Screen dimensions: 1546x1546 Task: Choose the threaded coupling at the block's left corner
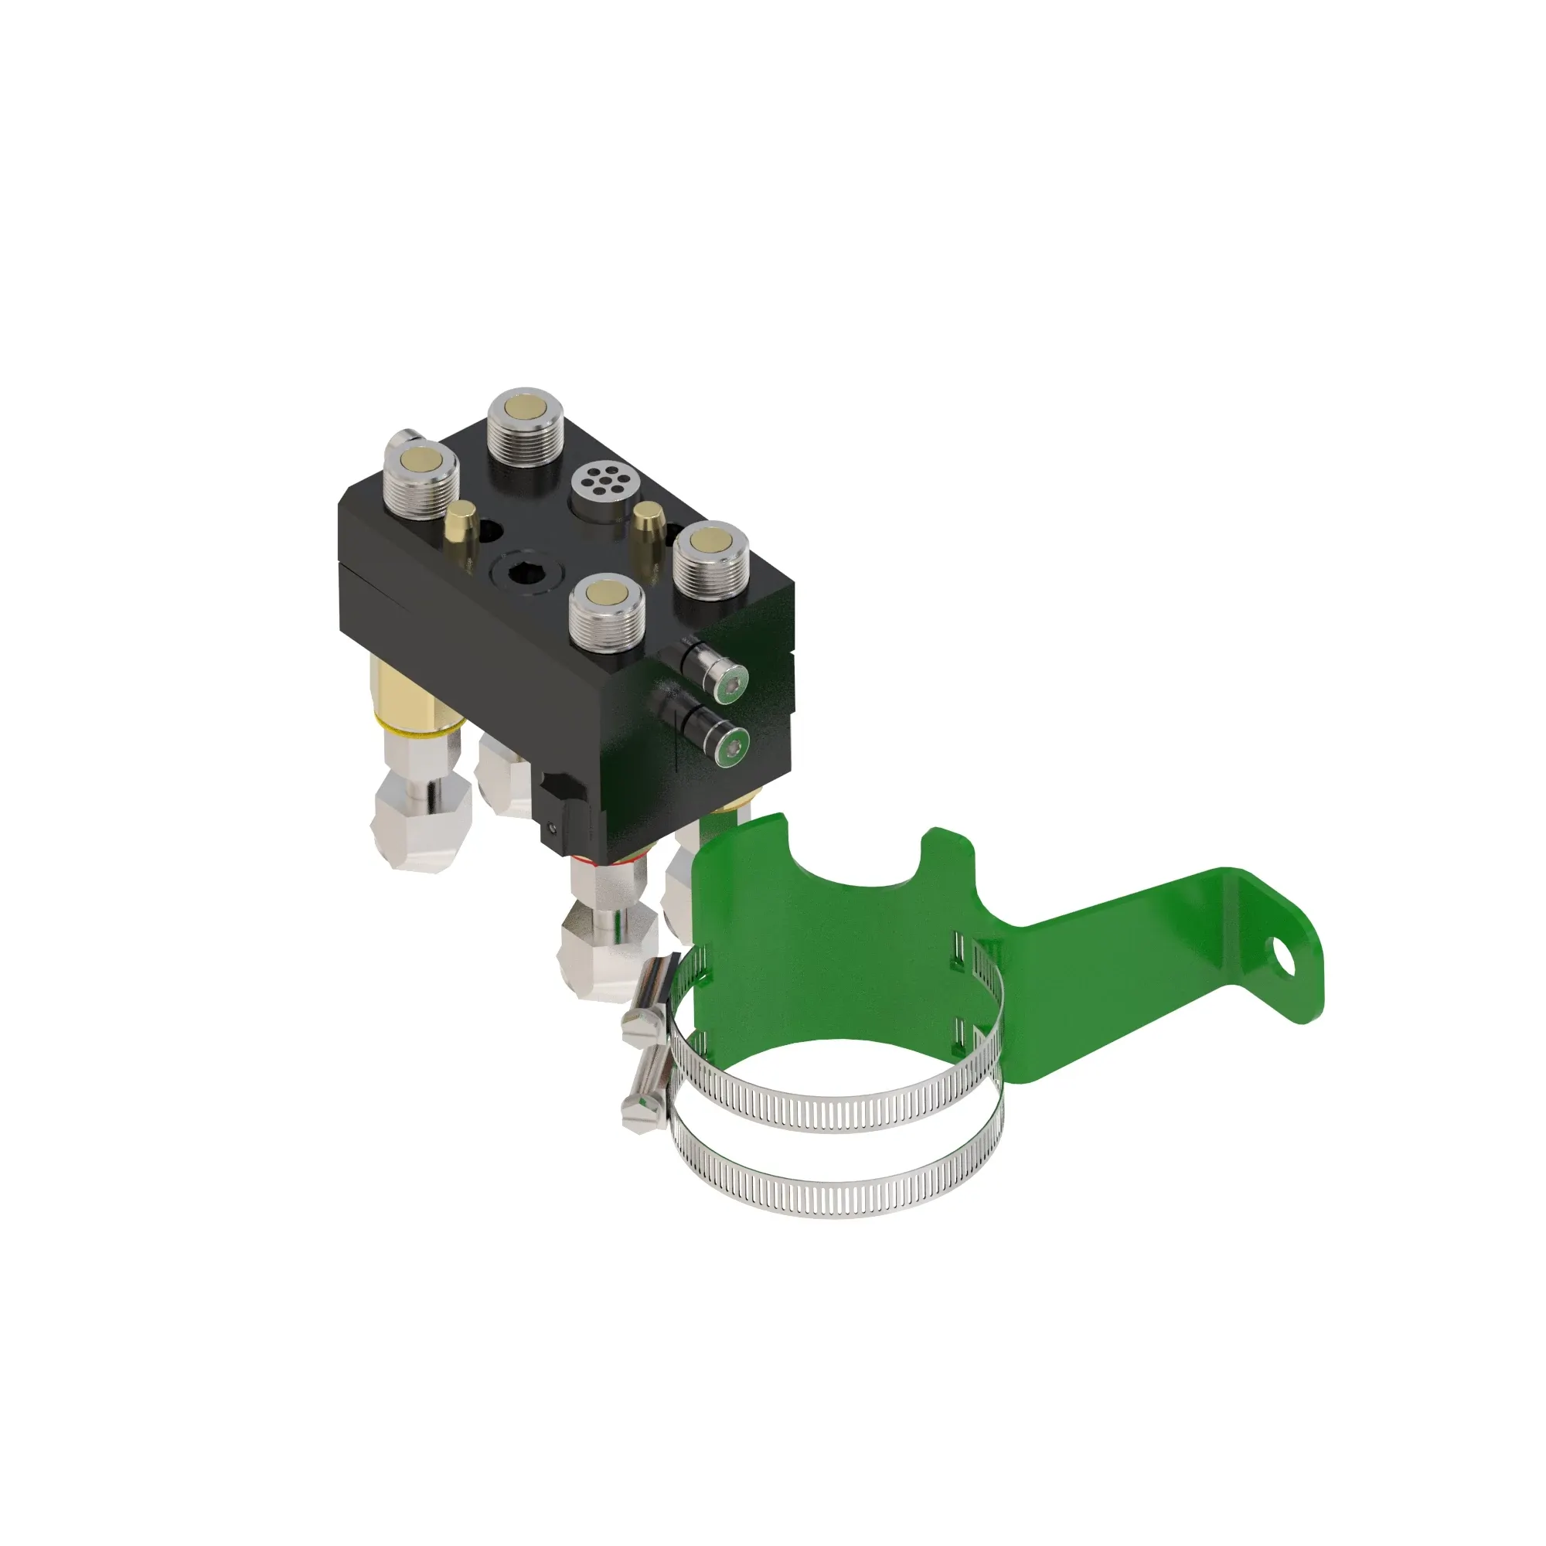click(420, 475)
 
